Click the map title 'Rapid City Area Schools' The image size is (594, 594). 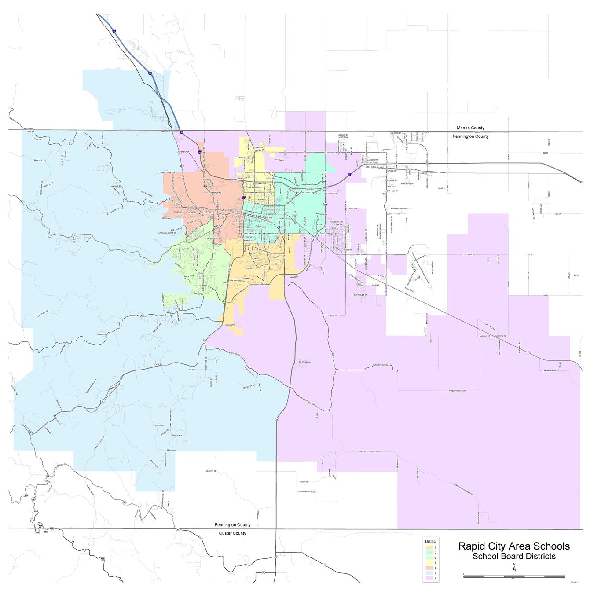click(514, 546)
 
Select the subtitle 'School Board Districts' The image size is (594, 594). click(514, 556)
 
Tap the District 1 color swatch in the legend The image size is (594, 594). click(429, 547)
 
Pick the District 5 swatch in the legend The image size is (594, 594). click(429, 568)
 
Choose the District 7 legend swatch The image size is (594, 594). click(429, 578)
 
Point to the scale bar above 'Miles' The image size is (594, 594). click(514, 576)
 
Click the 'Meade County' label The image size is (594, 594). click(470, 128)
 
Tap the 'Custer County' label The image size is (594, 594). click(232, 533)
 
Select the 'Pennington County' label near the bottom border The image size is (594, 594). click(232, 525)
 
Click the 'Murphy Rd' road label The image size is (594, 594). click(211, 471)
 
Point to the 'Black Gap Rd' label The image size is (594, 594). click(304, 362)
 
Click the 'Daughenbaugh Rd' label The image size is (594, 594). click(307, 491)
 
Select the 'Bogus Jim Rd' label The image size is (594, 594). click(40, 161)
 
